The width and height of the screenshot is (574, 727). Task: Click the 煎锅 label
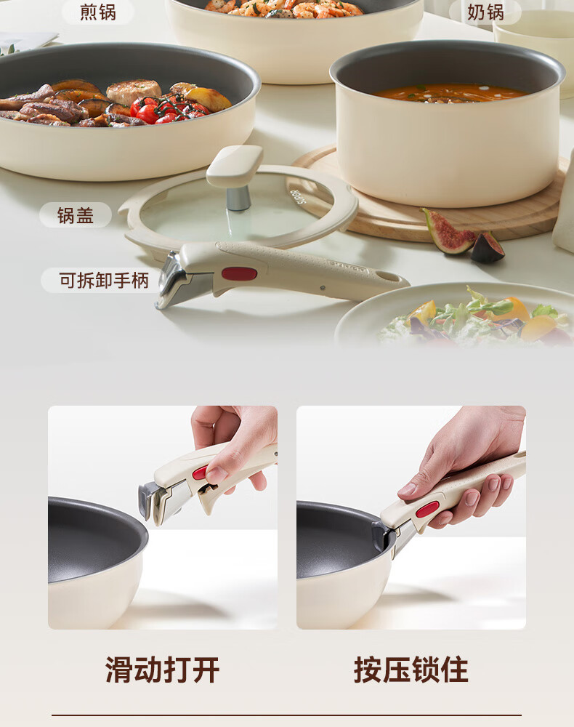point(98,12)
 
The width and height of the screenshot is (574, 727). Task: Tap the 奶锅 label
point(485,12)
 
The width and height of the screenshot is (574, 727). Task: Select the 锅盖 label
point(76,216)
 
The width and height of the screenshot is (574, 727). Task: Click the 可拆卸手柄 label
point(104,281)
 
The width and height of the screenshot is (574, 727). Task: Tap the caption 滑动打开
point(162,670)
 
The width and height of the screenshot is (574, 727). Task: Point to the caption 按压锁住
point(411,670)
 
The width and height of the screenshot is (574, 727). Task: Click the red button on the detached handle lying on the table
point(239,274)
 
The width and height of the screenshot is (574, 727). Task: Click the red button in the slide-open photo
point(200,473)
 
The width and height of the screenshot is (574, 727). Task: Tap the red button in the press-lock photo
point(427,509)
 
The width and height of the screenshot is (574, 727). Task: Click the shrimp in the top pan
point(283,8)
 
